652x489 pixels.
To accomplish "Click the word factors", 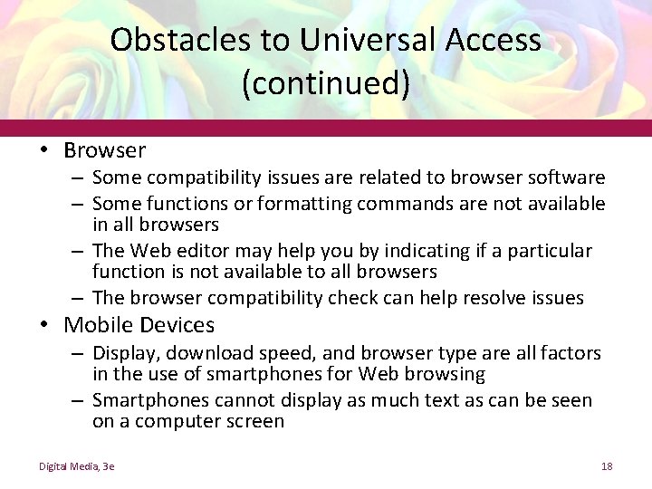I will point(570,353).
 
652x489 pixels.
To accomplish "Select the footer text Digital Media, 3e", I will point(76,465).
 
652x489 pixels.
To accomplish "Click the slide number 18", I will point(607,465).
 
